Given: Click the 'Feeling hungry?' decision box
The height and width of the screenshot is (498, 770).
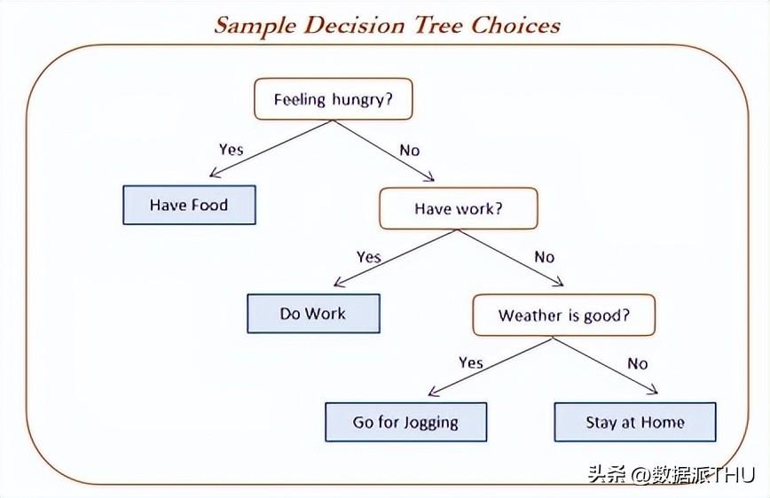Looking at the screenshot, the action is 334,99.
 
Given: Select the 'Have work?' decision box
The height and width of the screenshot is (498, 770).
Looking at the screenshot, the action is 458,208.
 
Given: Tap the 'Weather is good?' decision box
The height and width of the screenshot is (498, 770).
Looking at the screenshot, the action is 563,315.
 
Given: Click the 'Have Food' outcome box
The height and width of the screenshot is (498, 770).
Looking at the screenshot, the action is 189,205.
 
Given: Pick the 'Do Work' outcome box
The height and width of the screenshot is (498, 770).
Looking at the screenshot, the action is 313,314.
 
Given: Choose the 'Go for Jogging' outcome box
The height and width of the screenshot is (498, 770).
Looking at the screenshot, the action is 405,422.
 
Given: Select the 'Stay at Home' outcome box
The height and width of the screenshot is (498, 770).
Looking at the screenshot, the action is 634,422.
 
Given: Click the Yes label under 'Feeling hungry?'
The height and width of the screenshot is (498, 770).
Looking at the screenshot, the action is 231,149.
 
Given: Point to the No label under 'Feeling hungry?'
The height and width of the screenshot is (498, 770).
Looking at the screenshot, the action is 409,150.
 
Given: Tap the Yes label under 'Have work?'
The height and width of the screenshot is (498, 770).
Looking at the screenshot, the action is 368,257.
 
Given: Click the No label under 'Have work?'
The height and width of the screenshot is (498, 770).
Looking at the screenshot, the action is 544,257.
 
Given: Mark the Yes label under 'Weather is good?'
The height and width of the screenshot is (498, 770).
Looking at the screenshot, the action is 470,362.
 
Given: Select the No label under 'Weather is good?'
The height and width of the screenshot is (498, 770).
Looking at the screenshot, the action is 637,363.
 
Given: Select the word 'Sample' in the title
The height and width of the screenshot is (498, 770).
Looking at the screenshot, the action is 254,24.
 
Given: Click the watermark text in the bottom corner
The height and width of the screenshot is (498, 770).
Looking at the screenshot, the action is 670,474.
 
